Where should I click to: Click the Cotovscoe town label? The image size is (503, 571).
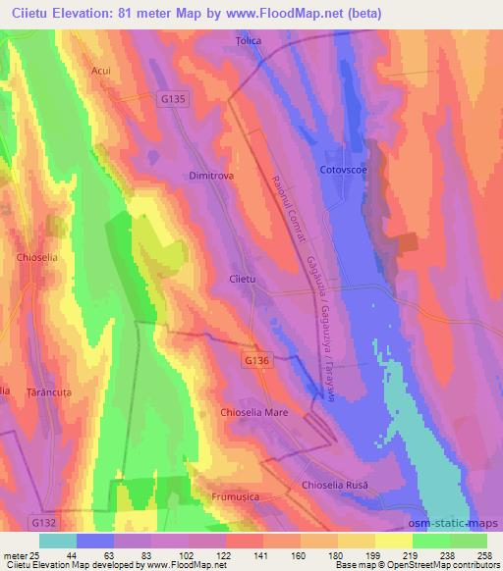tap(343, 171)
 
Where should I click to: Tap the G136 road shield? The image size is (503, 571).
tap(255, 362)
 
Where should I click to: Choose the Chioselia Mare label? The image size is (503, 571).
tap(254, 413)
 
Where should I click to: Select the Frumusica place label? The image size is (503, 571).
tap(236, 497)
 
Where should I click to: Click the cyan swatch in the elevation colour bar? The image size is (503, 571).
tap(58, 541)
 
